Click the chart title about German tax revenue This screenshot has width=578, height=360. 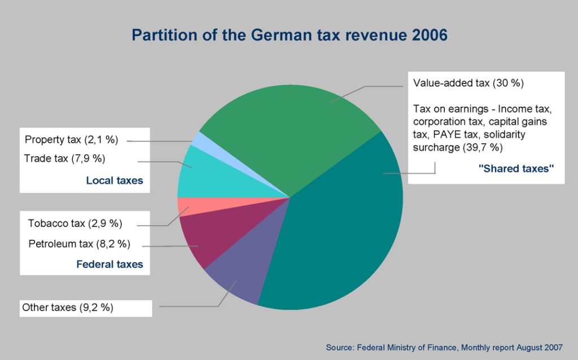point(289,35)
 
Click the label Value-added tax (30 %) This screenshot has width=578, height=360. point(468,83)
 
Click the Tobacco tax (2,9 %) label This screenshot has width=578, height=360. point(75,223)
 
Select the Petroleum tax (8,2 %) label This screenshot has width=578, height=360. point(80,244)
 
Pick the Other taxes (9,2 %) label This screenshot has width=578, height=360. point(68,308)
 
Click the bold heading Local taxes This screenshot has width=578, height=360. point(115,181)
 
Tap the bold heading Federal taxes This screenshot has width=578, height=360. point(110,264)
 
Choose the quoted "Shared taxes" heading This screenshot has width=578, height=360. point(516,168)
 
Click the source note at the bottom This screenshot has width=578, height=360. point(444,347)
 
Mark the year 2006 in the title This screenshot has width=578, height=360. point(430,35)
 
